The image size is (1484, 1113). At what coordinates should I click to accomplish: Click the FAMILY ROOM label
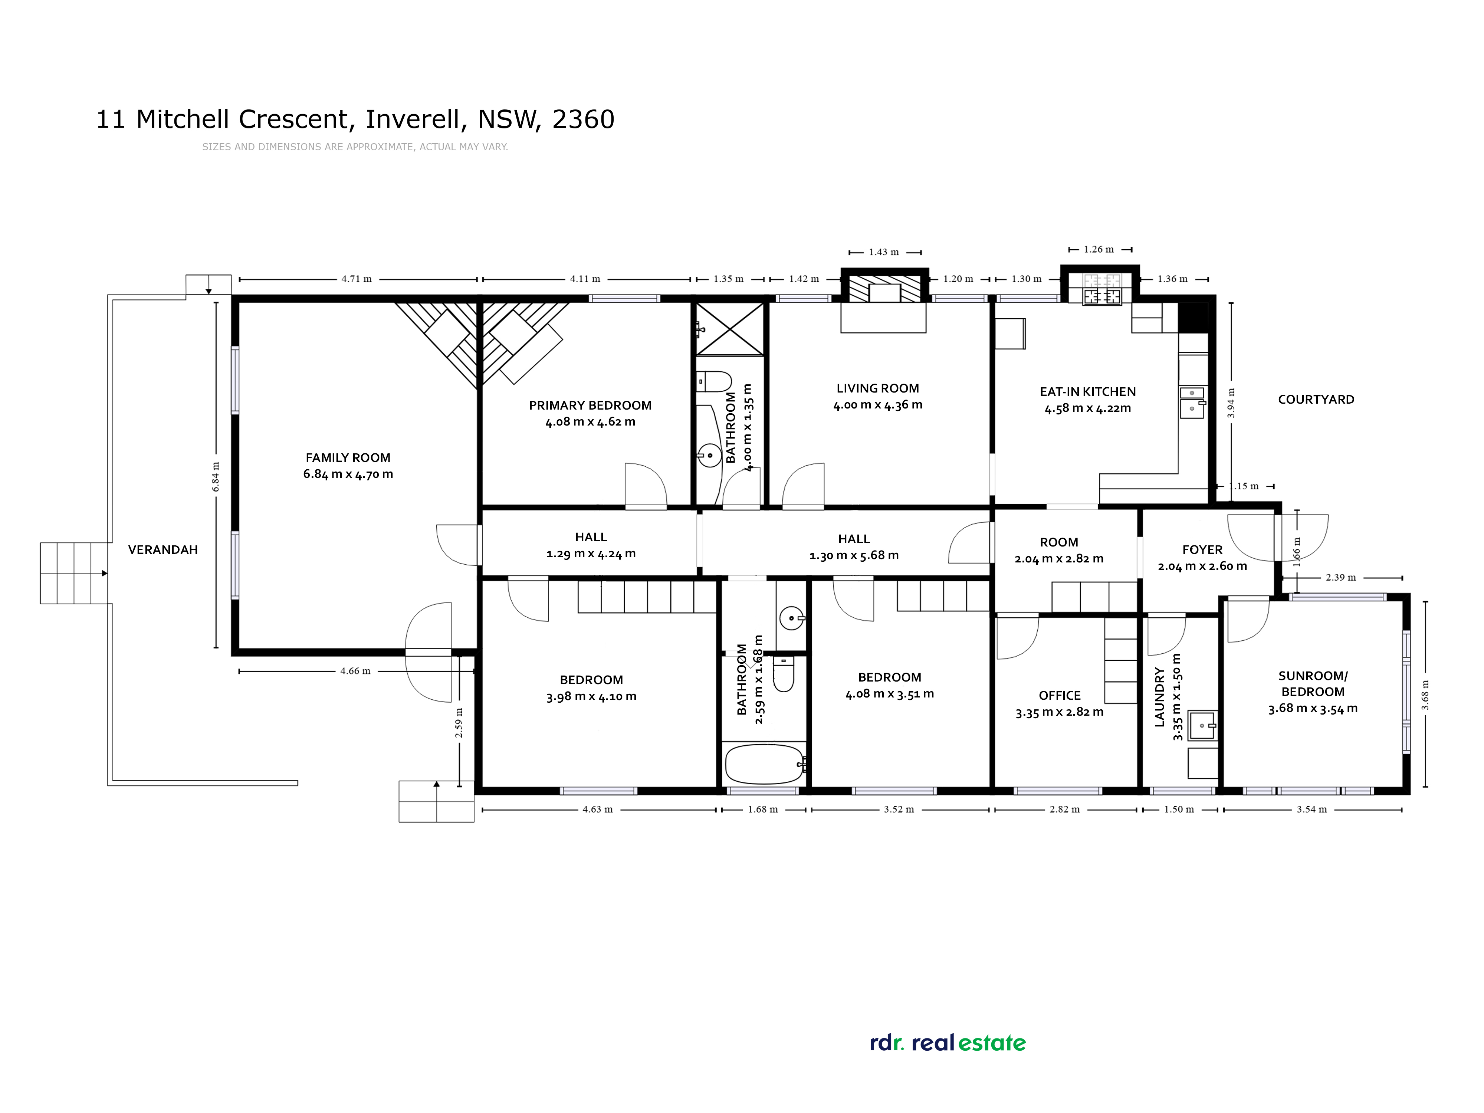(x=348, y=457)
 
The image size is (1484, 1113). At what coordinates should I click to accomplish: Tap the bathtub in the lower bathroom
(x=764, y=764)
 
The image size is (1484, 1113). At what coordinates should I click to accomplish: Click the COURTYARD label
(x=1316, y=399)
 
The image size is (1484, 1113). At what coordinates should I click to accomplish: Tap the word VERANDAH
(x=163, y=549)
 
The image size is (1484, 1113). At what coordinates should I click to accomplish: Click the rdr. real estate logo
(x=947, y=1043)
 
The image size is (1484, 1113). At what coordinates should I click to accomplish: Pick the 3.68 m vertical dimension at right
(x=1425, y=695)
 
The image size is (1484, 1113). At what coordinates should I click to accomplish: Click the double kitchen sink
(x=1192, y=401)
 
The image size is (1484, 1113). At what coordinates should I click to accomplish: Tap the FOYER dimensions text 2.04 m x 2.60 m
(x=1202, y=566)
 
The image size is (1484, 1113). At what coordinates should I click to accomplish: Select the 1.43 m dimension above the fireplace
(x=884, y=252)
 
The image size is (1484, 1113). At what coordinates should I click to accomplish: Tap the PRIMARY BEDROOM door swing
(x=645, y=485)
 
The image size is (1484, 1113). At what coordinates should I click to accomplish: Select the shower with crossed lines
(x=730, y=329)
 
